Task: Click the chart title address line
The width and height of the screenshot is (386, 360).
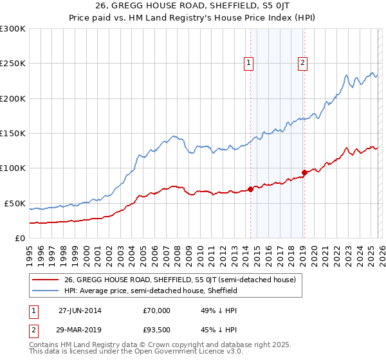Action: coord(192,6)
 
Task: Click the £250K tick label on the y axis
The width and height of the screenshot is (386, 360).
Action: coord(13,64)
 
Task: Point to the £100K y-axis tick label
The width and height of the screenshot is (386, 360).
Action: coord(13,168)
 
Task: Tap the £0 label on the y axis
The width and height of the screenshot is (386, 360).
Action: coord(19,238)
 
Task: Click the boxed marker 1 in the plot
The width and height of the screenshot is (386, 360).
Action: coord(248,62)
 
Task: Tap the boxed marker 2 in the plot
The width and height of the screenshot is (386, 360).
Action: coord(302,62)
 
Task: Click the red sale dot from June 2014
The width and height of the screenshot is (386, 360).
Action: coord(250,189)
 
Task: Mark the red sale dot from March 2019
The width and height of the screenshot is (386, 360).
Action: coord(304,172)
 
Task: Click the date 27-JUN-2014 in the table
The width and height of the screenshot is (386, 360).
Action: coord(83,310)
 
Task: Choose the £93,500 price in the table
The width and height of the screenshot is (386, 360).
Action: coord(157,329)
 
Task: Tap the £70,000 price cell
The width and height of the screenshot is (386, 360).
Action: coord(157,310)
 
